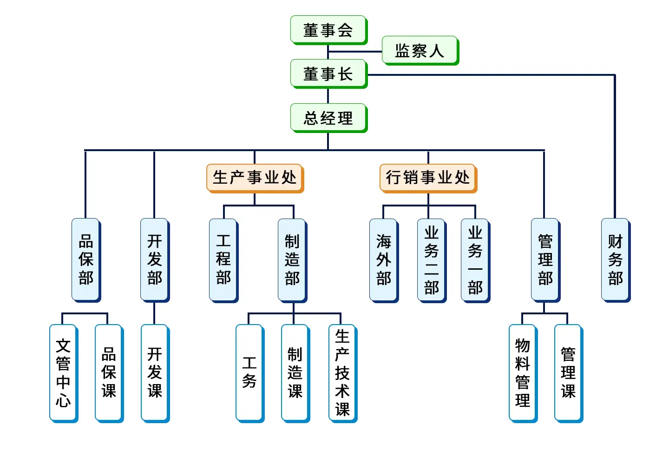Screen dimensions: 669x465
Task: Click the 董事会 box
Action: point(329,30)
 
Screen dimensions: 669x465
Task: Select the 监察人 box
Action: point(420,51)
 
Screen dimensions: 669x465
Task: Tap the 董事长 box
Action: point(329,74)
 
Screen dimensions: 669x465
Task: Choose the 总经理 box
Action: point(329,118)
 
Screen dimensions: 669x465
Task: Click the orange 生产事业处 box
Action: point(255,179)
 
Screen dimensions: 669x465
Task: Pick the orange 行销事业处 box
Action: point(428,179)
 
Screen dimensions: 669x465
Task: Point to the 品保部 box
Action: point(86,260)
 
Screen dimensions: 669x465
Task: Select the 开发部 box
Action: point(155,260)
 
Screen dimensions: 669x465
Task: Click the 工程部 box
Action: point(224,260)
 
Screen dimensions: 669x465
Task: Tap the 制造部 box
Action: point(292,260)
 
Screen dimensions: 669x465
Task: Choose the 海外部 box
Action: point(384,260)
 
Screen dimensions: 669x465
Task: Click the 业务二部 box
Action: point(432,260)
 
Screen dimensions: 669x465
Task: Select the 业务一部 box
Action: point(475,260)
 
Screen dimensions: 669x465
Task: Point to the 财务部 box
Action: point(616,260)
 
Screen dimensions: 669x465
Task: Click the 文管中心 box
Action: point(64,373)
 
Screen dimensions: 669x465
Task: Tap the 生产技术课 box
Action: point(343,373)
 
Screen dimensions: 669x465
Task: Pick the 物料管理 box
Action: point(523,373)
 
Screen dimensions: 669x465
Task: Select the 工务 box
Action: point(250,373)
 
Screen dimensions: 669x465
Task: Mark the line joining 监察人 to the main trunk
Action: point(355,52)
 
